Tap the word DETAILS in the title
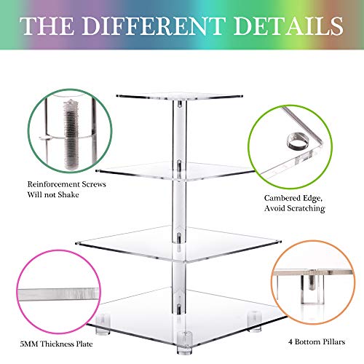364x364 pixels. pyautogui.click(x=288, y=25)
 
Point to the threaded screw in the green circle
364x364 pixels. pyautogui.click(x=71, y=135)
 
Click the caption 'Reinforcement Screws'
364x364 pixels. pyautogui.click(x=66, y=184)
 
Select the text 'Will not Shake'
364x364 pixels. pyautogui.click(x=53, y=194)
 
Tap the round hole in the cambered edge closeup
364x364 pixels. pyautogui.click(x=297, y=141)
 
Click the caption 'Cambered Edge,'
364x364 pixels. pyautogui.click(x=293, y=198)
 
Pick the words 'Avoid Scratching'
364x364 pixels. pyautogui.click(x=295, y=208)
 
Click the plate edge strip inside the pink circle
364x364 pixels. pyautogui.click(x=59, y=294)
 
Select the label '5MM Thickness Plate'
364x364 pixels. pyautogui.click(x=56, y=344)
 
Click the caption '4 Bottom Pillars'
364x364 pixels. pyautogui.click(x=317, y=341)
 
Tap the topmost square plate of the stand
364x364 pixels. pyautogui.click(x=180, y=96)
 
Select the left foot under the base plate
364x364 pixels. pyautogui.click(x=103, y=324)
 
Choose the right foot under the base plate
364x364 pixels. pyautogui.click(x=255, y=321)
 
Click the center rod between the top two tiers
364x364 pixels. pyautogui.click(x=180, y=131)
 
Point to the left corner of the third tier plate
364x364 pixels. pyautogui.click(x=76, y=243)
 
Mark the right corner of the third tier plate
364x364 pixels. pyautogui.click(x=280, y=242)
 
